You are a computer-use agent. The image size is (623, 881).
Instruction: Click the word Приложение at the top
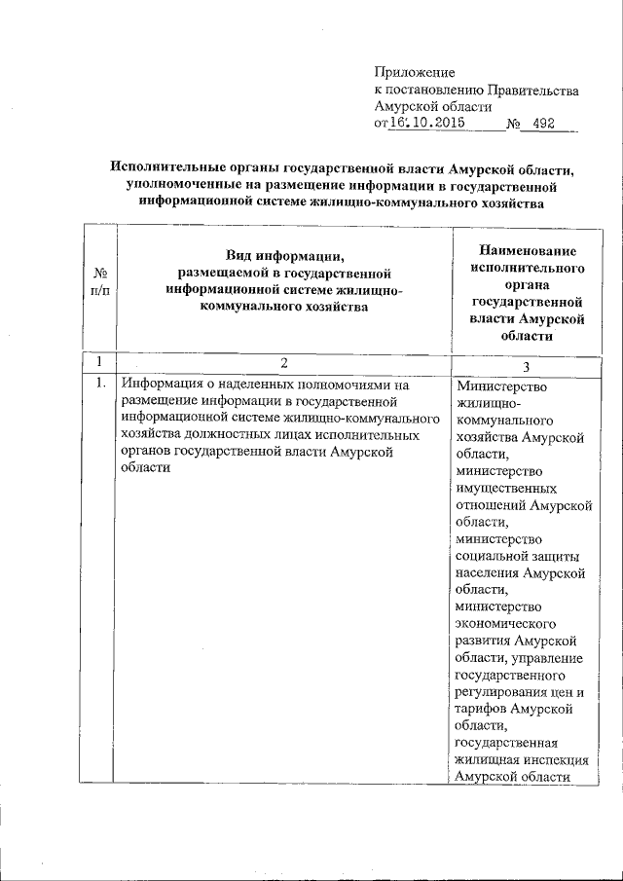[x=416, y=72]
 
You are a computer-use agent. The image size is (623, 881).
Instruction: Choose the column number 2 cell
[x=283, y=363]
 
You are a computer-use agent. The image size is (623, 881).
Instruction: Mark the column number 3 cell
[x=527, y=365]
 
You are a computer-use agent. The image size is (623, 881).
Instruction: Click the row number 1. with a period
[x=100, y=384]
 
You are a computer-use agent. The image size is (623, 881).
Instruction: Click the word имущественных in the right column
[x=505, y=488]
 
